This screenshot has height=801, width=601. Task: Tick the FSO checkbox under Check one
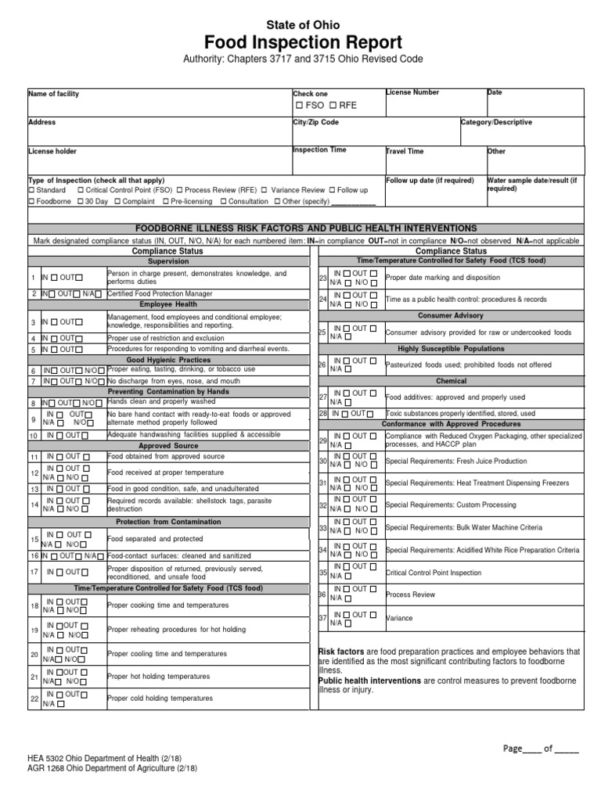coord(299,105)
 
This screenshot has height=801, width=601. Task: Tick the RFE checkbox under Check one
coord(333,105)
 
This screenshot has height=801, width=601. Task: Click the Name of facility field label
coord(53,94)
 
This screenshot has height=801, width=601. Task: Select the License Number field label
coord(412,92)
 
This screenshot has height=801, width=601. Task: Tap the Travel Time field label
coord(405,151)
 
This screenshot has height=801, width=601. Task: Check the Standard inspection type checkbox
coord(31,190)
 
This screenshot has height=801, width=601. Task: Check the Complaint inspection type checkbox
coord(117,201)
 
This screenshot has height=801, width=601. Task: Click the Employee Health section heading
coord(168,304)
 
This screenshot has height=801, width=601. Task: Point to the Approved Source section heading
coord(168,444)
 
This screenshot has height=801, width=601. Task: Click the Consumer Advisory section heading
coord(450,315)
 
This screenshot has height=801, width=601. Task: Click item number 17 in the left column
coord(34,572)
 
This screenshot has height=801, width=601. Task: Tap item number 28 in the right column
coord(322,413)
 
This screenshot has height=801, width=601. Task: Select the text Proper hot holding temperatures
coord(160,676)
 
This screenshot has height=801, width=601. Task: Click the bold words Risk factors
coord(341,652)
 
